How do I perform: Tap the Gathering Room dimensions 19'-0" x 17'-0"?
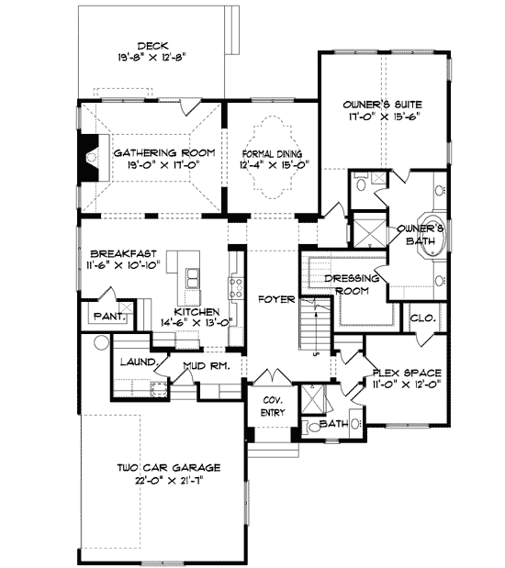163,165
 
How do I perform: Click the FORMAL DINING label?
272,154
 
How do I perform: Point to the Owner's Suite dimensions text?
385,117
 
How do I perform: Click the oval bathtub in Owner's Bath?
432,234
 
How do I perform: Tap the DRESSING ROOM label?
352,284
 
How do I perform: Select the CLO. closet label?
422,318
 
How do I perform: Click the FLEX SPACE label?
407,373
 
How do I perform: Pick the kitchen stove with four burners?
235,288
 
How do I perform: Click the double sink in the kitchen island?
193,279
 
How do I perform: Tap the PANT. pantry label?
109,317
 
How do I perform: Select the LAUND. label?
140,362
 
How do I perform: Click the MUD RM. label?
207,366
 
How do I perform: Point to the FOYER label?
276,299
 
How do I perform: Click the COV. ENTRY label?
273,407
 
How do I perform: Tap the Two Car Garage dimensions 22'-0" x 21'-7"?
169,481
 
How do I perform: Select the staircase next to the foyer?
316,323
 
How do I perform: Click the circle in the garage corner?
101,342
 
